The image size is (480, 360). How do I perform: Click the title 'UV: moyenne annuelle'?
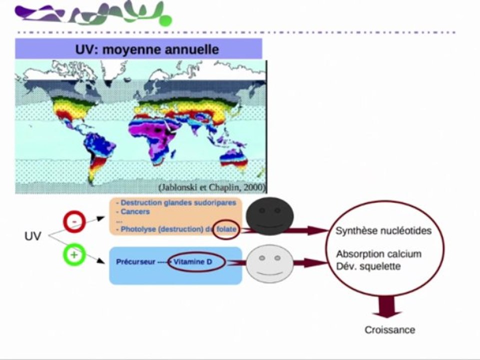coord(147,49)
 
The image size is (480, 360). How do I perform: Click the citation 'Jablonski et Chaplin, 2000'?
coord(211,187)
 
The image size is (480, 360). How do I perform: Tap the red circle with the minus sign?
coord(74,221)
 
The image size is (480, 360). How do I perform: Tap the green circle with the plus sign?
coord(74,254)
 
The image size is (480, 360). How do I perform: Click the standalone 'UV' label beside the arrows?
coord(33,236)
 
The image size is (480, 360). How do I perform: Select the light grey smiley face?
coord(269,263)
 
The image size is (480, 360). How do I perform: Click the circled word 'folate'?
coord(226,229)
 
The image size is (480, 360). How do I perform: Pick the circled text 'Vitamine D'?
coord(193,261)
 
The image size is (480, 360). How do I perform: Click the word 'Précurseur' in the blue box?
coord(135,262)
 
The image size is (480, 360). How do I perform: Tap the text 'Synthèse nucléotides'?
coord(383,230)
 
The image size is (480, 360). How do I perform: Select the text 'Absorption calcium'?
coord(379,254)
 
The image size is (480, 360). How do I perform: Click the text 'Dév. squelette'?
coord(368,266)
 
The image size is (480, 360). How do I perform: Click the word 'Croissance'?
coord(389,330)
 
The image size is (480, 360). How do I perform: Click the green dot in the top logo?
coord(165,20)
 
